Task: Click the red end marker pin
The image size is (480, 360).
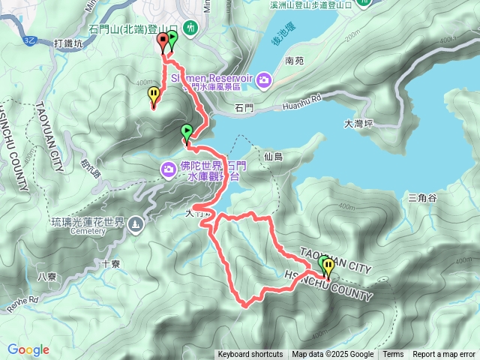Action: [x=162, y=41]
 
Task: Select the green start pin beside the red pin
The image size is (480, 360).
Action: [x=172, y=39]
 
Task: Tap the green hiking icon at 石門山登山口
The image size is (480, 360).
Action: [x=191, y=28]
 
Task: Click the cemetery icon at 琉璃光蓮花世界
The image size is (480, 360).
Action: [x=135, y=223]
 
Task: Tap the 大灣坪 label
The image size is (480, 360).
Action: [x=358, y=123]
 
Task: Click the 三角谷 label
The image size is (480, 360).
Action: [x=422, y=198]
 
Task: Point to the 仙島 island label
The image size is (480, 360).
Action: [x=273, y=157]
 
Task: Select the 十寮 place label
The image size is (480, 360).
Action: [x=110, y=264]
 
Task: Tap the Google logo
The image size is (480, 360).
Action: [x=28, y=349]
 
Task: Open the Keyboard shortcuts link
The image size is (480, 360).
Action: [x=250, y=355]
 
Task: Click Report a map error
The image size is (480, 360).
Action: [x=444, y=355]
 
